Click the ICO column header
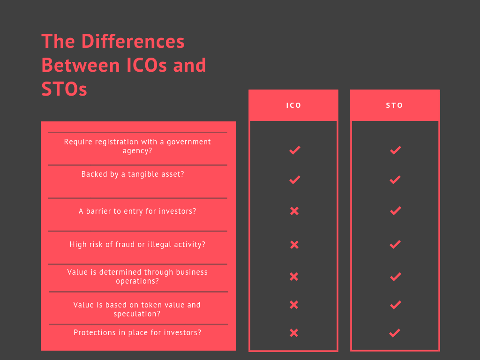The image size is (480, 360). [x=293, y=105]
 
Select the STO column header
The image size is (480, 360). [x=394, y=105]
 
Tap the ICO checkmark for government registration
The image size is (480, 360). [x=295, y=150]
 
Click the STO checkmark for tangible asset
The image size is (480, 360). [x=395, y=180]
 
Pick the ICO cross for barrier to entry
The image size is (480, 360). [x=294, y=211]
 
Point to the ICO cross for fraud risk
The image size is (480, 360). [x=294, y=245]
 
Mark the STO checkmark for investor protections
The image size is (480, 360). [x=395, y=333]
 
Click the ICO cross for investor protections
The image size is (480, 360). [x=294, y=333]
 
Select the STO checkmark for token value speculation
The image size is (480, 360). [x=396, y=305]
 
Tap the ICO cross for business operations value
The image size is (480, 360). [x=294, y=277]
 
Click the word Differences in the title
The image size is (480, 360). [x=133, y=41]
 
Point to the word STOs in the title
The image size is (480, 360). [x=64, y=89]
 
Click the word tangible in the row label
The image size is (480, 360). [x=145, y=174]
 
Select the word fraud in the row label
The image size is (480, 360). [x=125, y=244]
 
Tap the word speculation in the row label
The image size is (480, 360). [x=137, y=314]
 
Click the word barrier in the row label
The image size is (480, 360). [x=97, y=211]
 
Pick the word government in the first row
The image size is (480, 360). [x=189, y=142]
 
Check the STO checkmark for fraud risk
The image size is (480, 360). [x=395, y=245]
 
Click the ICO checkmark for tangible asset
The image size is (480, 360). [x=295, y=180]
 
